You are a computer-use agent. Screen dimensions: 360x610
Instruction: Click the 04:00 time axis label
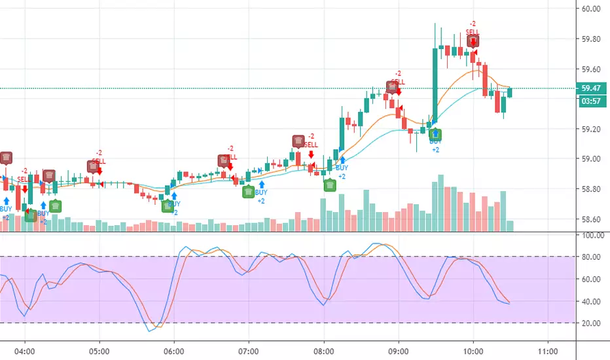[25, 350]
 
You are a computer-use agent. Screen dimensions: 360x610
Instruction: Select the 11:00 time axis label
[547, 350]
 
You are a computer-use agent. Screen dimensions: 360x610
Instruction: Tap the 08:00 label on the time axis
[324, 350]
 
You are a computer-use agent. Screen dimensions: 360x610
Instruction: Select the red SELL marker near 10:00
[473, 41]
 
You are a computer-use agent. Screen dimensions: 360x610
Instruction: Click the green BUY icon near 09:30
[435, 134]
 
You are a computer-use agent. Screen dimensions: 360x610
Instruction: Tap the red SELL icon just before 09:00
[391, 86]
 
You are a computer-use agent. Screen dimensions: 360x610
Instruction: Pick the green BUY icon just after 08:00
[331, 185]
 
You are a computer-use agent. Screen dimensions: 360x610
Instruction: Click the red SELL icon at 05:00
[94, 166]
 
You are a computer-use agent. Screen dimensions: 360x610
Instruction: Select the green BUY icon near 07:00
[249, 192]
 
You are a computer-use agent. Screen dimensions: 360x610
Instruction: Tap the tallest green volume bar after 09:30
[441, 203]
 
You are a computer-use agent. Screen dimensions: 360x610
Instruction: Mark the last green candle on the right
[510, 92]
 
